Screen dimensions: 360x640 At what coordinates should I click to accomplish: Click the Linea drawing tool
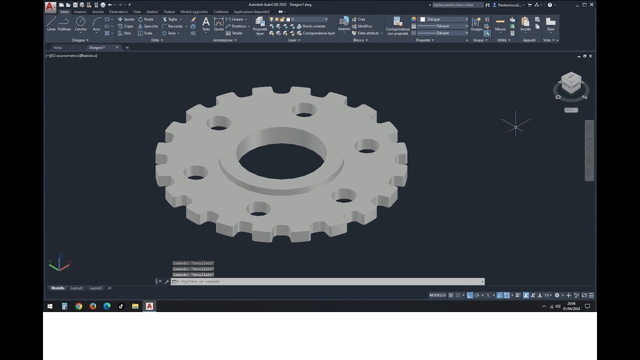click(x=51, y=23)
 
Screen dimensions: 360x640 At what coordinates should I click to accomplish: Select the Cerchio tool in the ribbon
click(x=80, y=23)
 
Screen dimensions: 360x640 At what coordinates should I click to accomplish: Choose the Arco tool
click(x=96, y=23)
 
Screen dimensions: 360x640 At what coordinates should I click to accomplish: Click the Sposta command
click(x=126, y=19)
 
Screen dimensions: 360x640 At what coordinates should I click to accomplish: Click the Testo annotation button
click(x=206, y=23)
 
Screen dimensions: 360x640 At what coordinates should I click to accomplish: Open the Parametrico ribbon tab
click(x=118, y=11)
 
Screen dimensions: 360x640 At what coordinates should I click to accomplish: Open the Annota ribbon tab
click(x=98, y=11)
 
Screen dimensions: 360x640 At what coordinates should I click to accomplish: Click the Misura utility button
click(x=500, y=23)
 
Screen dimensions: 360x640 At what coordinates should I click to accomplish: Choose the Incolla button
click(x=525, y=23)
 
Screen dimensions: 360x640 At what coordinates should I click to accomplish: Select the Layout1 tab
click(x=77, y=288)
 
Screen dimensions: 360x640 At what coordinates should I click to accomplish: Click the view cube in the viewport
click(x=571, y=83)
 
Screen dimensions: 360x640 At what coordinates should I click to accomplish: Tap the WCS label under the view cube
click(x=571, y=110)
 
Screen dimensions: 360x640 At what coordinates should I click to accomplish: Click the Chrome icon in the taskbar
click(x=78, y=306)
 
